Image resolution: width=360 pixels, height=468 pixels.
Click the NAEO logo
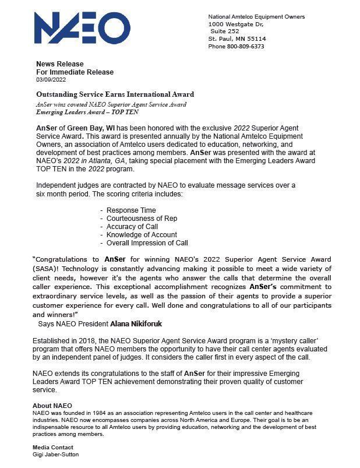[x=82, y=29]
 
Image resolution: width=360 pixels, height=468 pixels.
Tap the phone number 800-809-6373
[x=245, y=47]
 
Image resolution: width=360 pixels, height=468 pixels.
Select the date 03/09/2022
[x=51, y=79]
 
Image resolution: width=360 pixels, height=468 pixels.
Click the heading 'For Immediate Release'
[x=75, y=72]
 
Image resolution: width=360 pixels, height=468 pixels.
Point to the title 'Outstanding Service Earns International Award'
[x=115, y=94]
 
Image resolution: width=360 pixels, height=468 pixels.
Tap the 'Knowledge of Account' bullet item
[x=142, y=234]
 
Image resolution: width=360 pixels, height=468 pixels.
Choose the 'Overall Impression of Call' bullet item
[x=147, y=242]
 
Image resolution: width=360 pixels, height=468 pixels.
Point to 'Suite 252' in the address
[x=226, y=31]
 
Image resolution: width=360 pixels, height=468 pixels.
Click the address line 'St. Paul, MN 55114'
[x=237, y=39]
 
